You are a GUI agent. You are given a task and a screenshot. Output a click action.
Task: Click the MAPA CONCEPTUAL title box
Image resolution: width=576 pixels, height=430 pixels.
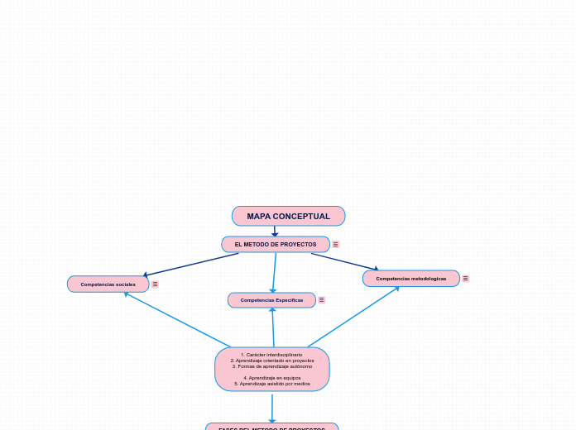(288, 216)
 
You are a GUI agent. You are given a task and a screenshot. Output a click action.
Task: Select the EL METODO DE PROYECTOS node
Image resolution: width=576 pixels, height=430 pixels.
(275, 244)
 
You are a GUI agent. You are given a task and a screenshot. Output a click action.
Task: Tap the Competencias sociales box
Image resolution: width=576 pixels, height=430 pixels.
(108, 284)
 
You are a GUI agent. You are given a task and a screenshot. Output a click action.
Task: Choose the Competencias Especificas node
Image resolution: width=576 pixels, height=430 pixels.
(271, 300)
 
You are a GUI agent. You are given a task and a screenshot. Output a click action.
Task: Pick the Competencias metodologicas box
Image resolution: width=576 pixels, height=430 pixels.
(410, 279)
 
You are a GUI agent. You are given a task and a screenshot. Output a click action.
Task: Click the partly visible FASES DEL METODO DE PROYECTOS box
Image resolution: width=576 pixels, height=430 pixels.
(271, 427)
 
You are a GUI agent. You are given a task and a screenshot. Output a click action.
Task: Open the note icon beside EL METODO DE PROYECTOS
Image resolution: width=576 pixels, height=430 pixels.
(335, 244)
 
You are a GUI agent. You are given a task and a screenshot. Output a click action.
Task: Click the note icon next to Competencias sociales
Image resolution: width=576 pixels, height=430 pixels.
(155, 284)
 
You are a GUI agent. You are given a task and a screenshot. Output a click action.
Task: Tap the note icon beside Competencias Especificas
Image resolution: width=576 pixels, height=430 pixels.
(321, 300)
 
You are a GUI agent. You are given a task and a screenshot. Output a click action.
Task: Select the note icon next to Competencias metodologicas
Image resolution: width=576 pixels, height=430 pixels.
(465, 279)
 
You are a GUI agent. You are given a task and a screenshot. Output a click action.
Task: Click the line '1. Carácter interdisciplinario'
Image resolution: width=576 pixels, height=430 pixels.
(272, 355)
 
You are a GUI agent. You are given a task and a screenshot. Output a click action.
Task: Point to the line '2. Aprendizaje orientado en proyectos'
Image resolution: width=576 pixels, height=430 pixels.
(272, 361)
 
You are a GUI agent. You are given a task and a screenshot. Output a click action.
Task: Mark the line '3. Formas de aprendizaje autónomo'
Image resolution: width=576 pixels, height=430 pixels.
(272, 366)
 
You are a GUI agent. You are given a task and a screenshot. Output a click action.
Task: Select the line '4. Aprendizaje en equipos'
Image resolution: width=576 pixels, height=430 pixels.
(272, 378)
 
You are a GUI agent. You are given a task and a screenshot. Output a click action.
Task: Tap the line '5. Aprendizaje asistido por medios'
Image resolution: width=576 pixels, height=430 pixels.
(272, 384)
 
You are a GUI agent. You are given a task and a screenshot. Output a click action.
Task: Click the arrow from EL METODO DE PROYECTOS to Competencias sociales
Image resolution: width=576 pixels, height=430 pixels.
(190, 265)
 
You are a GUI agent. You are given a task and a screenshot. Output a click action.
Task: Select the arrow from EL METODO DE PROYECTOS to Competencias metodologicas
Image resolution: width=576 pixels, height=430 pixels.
(344, 261)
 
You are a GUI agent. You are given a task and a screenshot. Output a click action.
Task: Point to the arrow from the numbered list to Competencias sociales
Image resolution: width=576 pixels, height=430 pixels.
(177, 320)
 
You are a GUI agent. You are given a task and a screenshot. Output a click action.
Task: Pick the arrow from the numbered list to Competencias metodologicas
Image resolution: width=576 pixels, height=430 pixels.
(353, 317)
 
